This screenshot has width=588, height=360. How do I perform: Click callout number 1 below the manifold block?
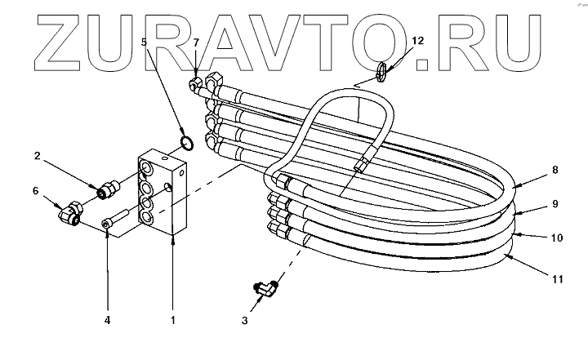pyautogui.click(x=173, y=322)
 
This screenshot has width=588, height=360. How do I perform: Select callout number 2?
pyautogui.click(x=38, y=156)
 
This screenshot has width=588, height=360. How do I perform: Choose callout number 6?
pyautogui.click(x=35, y=191)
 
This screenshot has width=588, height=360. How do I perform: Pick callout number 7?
pyautogui.click(x=195, y=42)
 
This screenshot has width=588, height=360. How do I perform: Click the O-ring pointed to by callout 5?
pyautogui.click(x=185, y=144)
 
